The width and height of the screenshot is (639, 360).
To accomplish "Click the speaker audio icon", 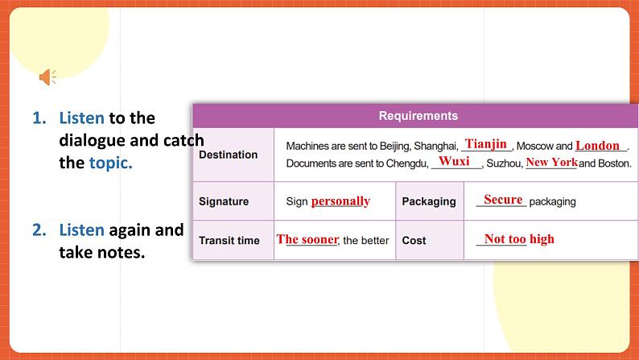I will click(47, 77).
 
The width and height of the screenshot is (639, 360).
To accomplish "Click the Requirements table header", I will click(418, 116).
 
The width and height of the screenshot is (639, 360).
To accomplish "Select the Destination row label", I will click(228, 155).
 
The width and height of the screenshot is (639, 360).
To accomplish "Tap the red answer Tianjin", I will click(486, 144).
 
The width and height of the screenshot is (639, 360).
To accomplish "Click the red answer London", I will click(598, 146).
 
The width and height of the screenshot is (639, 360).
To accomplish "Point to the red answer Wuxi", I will click(454, 161).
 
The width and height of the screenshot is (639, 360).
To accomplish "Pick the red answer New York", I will click(551, 162).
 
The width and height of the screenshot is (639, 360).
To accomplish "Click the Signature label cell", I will click(224, 201).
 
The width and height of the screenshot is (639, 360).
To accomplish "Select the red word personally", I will click(340, 201).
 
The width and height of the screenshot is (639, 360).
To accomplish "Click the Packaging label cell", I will click(429, 201).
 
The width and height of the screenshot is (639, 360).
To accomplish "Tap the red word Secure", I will click(503, 200).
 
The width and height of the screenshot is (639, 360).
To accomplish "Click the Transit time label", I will click(229, 240).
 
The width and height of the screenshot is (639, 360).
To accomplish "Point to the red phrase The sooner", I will click(307, 239).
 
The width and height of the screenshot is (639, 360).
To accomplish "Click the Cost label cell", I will click(414, 240).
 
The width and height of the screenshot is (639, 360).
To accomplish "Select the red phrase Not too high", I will click(519, 239).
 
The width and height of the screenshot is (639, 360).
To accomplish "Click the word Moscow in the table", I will click(534, 147).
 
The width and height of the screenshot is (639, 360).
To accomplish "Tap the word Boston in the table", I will click(614, 163).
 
